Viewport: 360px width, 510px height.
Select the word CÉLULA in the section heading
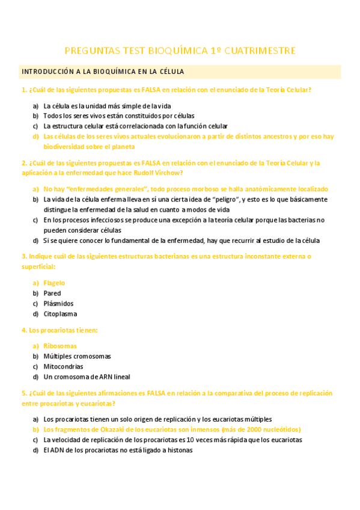coord(170,72)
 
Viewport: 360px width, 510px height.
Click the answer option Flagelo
coord(54,283)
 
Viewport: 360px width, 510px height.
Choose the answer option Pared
coord(52,293)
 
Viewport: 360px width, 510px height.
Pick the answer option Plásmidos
coord(58,304)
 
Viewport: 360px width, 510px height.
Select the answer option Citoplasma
coord(60,314)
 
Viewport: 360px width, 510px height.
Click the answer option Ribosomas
coord(60,346)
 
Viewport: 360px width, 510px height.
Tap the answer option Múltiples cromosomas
coord(77,356)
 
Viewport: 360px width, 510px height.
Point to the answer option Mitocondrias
coord(63,366)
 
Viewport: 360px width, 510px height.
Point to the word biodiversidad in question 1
coord(65,147)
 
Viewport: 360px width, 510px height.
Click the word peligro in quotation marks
coord(227,199)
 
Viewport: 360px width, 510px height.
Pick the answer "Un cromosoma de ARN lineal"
coord(87,377)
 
